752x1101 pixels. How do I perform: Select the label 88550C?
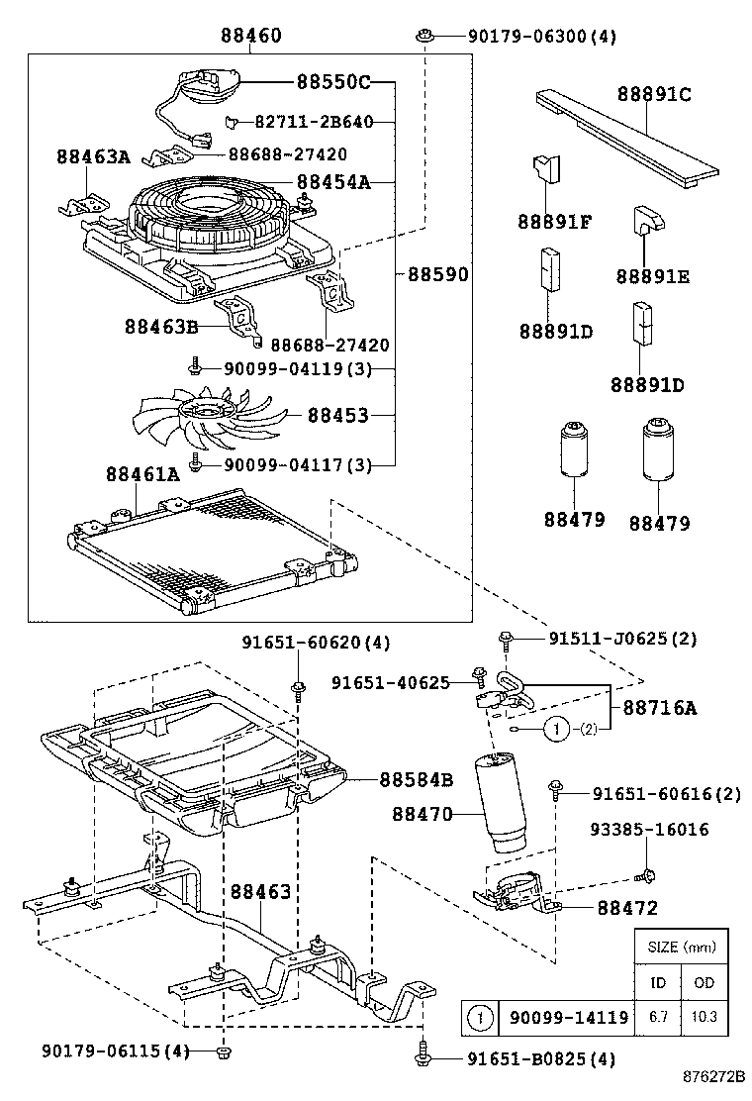[332, 81]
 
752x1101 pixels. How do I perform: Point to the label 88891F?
[554, 222]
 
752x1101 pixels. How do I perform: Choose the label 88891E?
[650, 276]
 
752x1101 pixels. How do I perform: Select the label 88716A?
[659, 708]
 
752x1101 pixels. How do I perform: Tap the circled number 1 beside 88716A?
[557, 730]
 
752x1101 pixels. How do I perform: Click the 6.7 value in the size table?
[657, 1017]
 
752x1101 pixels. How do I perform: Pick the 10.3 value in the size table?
[705, 1017]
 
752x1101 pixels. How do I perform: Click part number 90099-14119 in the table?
[568, 1017]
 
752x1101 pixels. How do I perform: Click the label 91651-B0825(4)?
[540, 1060]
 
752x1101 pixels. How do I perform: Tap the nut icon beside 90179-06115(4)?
[224, 1050]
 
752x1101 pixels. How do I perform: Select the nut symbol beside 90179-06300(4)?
[424, 37]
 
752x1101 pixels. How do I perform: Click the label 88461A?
[142, 474]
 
